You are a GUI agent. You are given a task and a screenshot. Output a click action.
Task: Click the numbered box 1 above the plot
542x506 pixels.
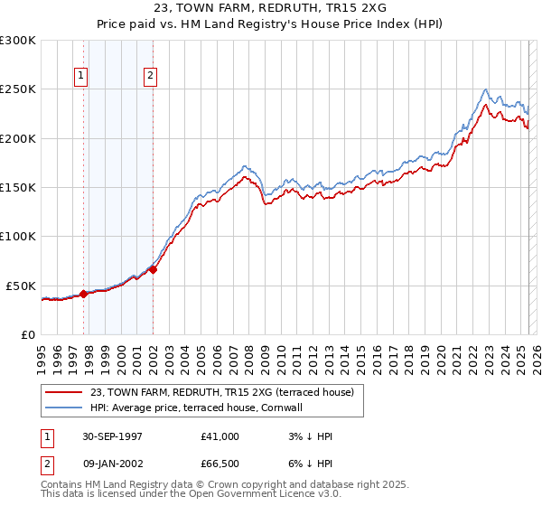(81, 77)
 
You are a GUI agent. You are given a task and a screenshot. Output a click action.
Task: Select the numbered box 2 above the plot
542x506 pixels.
(150, 77)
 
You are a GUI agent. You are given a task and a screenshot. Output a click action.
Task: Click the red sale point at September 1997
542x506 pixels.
(84, 294)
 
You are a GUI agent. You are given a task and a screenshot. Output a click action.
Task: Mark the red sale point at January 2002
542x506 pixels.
(154, 268)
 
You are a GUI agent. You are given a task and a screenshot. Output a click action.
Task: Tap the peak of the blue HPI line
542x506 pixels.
(486, 89)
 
